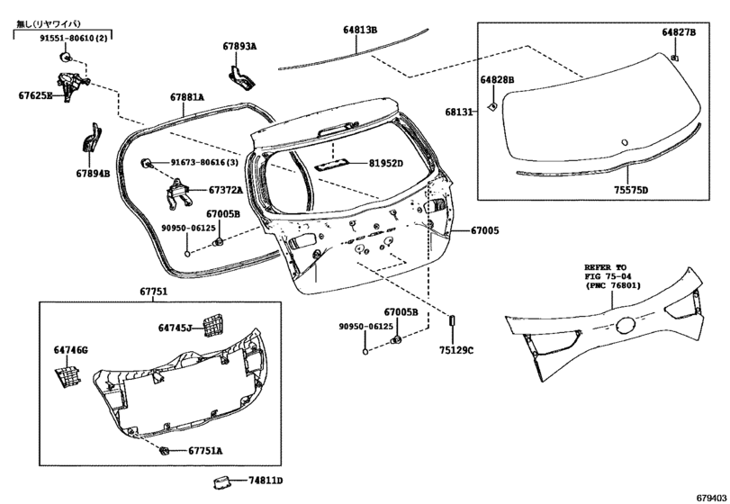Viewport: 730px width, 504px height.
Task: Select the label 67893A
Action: [x=239, y=46]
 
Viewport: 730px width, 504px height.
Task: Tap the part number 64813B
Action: [x=360, y=30]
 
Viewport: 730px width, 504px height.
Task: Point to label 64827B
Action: [x=679, y=32]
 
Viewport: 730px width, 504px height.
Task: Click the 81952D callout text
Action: [x=386, y=163]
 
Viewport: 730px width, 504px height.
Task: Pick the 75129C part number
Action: [x=455, y=350]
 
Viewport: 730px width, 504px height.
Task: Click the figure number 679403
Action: [x=711, y=497]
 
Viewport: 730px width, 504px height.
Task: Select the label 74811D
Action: [x=266, y=481]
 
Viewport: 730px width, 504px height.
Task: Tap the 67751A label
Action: [x=205, y=451]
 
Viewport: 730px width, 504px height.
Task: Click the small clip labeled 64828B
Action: [x=492, y=106]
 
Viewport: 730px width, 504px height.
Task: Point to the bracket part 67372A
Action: [x=178, y=193]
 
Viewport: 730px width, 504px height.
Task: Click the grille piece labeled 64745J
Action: [x=212, y=324]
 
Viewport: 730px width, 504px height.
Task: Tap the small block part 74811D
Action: [x=222, y=481]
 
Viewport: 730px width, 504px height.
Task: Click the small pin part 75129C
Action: [x=451, y=322]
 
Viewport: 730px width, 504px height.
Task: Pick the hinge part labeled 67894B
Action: [x=92, y=138]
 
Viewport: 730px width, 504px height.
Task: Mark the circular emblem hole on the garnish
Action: [x=626, y=325]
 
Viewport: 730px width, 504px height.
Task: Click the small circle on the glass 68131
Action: [x=625, y=142]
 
